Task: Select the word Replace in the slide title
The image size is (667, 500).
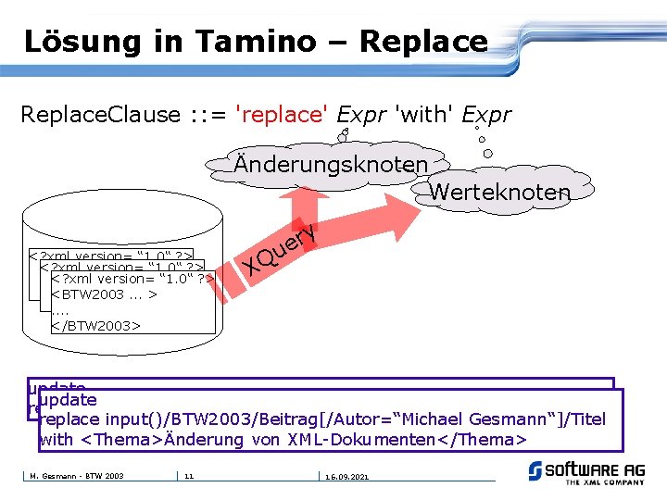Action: (x=423, y=41)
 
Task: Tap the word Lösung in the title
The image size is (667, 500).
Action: (x=82, y=41)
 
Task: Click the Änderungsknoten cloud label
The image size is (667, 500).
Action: (x=331, y=164)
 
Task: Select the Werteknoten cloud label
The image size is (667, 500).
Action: (x=500, y=192)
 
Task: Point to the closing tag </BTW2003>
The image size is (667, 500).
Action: (x=95, y=326)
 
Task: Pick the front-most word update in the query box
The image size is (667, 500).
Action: (x=68, y=400)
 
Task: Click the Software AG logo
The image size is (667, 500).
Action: (x=585, y=472)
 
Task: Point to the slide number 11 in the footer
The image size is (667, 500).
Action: (x=189, y=476)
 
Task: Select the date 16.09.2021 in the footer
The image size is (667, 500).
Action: (x=347, y=476)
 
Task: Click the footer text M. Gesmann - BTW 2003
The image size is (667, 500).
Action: (x=77, y=476)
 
